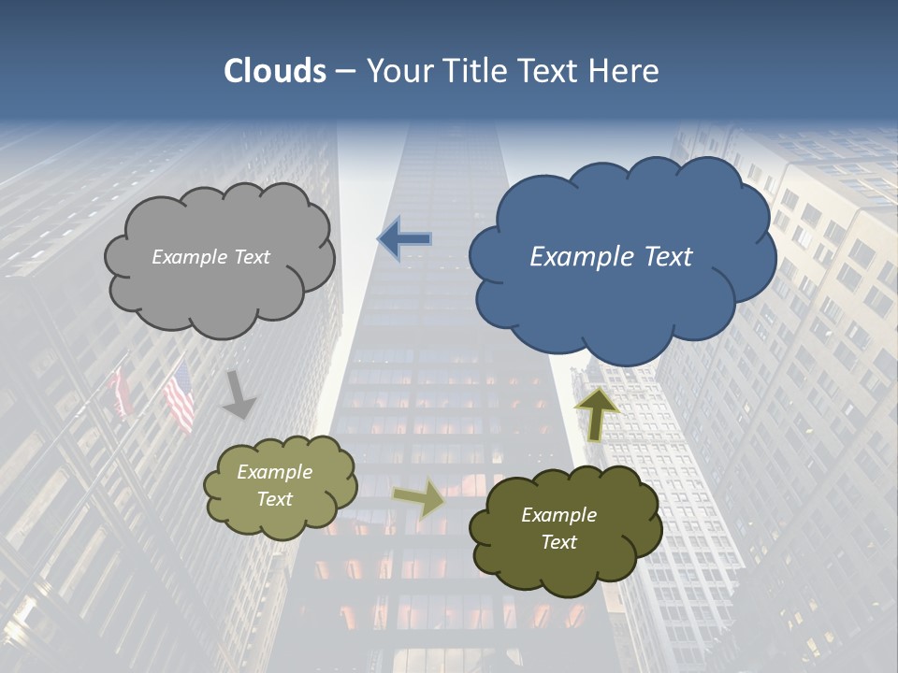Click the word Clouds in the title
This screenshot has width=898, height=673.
[x=274, y=71]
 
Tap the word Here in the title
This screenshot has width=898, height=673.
[x=626, y=71]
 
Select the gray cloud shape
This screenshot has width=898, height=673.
[x=219, y=290]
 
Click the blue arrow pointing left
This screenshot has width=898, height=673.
[x=404, y=239]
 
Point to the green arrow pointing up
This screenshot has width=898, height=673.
[x=597, y=414]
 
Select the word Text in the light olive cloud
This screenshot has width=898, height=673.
[x=275, y=499]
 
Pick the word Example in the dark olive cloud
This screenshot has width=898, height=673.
[x=558, y=515]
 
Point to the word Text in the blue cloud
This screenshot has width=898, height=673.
[x=668, y=257]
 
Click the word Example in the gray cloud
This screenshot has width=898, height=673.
[x=190, y=257]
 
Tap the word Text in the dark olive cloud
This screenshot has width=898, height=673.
[x=558, y=542]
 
